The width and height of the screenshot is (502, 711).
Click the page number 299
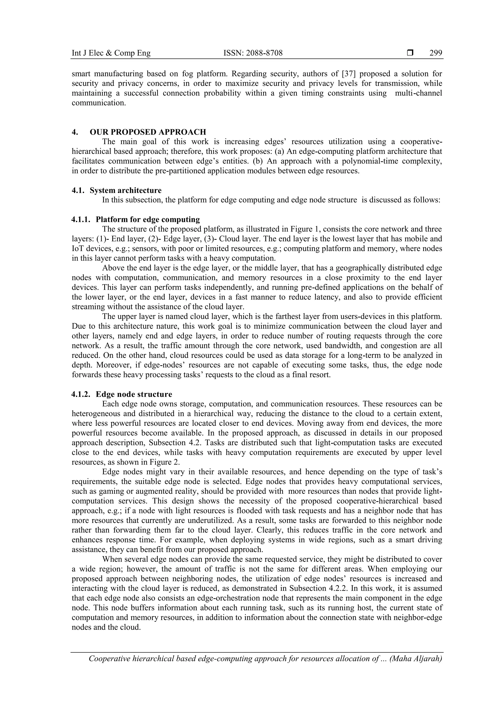(x=436, y=53)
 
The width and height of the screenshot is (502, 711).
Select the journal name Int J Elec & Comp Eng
(x=111, y=53)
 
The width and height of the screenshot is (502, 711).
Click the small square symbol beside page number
(x=410, y=53)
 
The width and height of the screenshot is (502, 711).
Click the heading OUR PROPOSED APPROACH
(x=148, y=132)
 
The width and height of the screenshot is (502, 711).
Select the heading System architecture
(x=125, y=190)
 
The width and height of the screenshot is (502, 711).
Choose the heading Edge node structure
(x=134, y=394)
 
